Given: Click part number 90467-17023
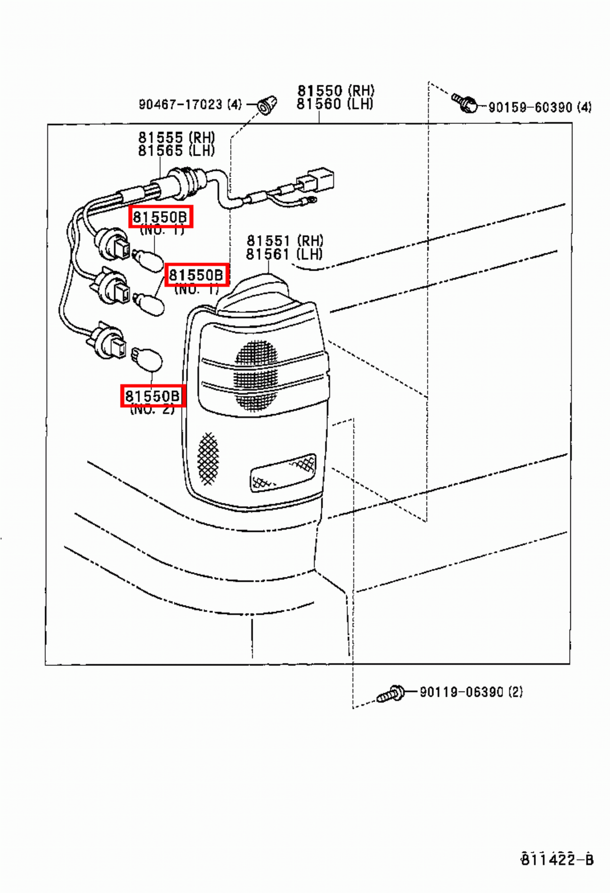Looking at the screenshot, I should click(190, 104).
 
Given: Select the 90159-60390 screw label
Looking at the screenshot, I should click(540, 107).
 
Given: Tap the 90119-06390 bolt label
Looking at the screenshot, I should click(471, 692).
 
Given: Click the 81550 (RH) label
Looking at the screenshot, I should click(336, 90).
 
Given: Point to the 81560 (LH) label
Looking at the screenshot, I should click(335, 104).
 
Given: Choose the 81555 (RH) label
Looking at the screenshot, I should click(176, 137).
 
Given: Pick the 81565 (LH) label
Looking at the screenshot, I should click(176, 151).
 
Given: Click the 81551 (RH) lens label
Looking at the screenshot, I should click(284, 241).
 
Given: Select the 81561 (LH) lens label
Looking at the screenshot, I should click(284, 255).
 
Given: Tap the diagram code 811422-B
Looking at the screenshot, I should click(556, 859).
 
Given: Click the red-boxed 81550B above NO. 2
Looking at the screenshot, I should click(153, 396).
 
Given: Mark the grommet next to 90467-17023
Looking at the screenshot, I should click(268, 104).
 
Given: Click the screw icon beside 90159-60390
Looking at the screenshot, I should click(464, 102).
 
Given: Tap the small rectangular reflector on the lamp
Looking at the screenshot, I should click(283, 472).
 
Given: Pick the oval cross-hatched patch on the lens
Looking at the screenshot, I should click(209, 458).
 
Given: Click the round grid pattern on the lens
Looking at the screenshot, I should click(256, 375).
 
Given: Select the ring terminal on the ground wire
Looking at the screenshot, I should click(309, 199).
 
